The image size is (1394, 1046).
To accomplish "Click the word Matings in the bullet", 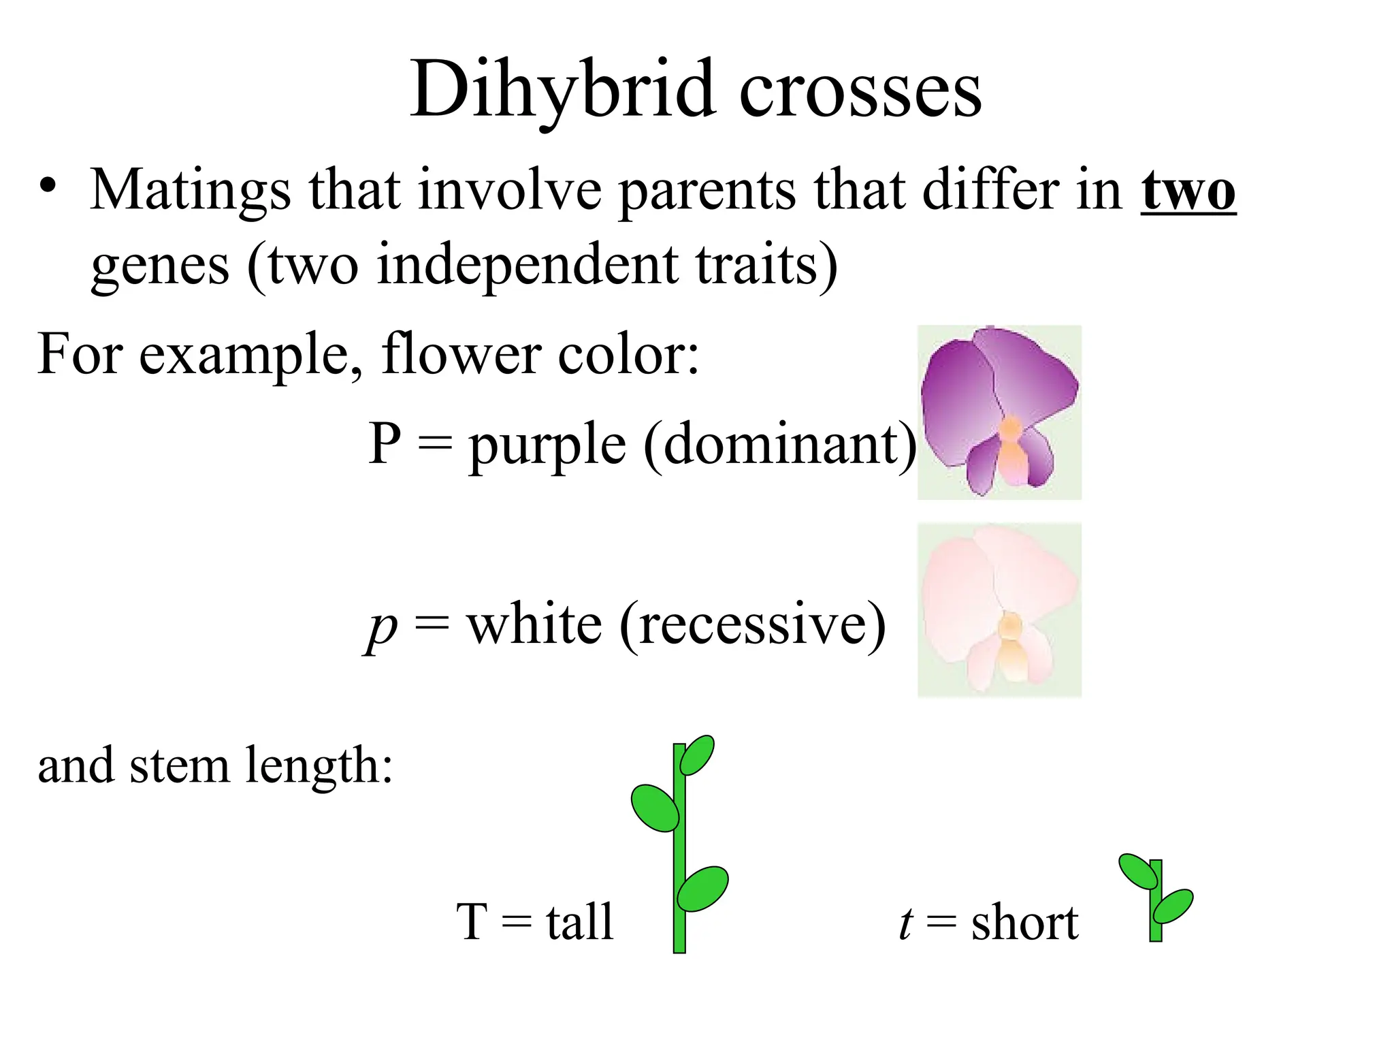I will pyautogui.click(x=190, y=191).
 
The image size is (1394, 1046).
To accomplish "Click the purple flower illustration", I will pyautogui.click(x=999, y=411).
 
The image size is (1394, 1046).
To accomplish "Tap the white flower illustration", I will pyautogui.click(x=999, y=609).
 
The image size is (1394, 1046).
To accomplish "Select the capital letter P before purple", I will pyautogui.click(x=385, y=443).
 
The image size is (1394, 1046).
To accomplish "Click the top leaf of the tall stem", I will pyautogui.click(x=697, y=755).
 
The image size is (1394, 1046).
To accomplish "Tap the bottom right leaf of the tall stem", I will pyautogui.click(x=703, y=888).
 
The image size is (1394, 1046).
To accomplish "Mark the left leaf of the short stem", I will pyautogui.click(x=1138, y=871).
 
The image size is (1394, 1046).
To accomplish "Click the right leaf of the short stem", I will pyautogui.click(x=1173, y=906).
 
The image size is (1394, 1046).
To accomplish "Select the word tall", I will pyautogui.click(x=580, y=922).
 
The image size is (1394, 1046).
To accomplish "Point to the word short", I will pyautogui.click(x=1025, y=923).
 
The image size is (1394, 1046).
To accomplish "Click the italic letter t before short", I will pyautogui.click(x=906, y=923).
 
